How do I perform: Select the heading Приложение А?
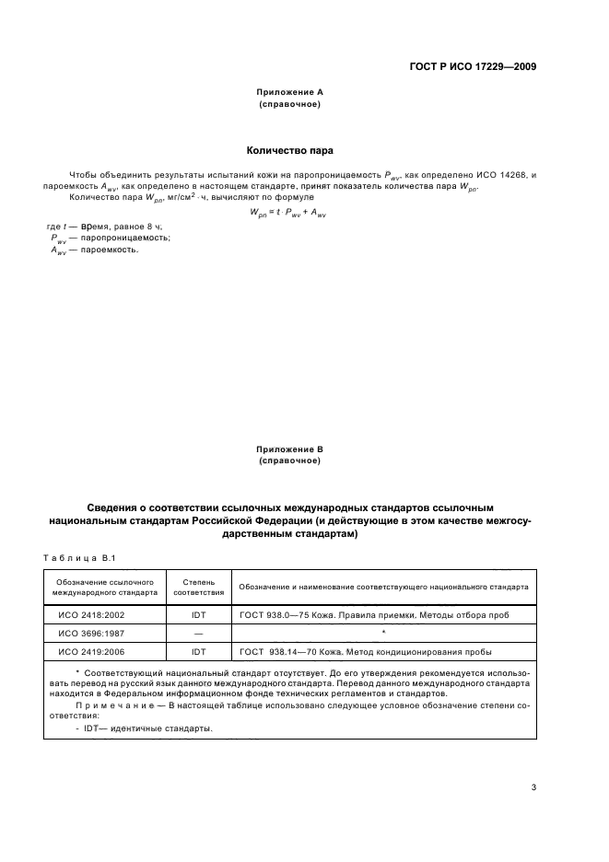(x=289, y=93)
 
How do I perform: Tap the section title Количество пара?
(x=289, y=149)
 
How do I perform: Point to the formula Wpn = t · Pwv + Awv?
(x=289, y=211)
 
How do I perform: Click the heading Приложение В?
(x=289, y=448)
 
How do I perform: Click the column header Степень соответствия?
(x=198, y=587)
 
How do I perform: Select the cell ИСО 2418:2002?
(x=91, y=615)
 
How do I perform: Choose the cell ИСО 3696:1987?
(x=91, y=634)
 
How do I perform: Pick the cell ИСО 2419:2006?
(x=91, y=652)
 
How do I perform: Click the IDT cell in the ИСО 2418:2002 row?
(x=198, y=615)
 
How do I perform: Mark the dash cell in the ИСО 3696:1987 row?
(x=198, y=634)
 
